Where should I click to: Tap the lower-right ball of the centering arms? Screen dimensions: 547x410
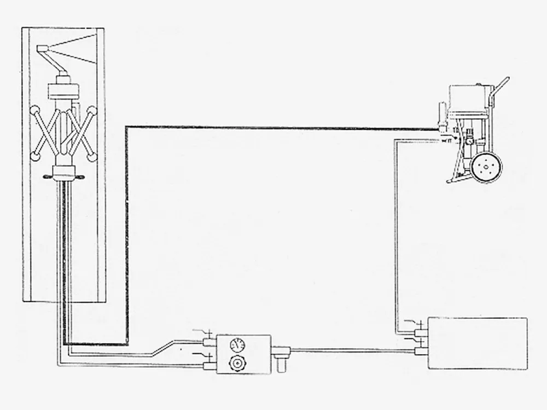click(92, 157)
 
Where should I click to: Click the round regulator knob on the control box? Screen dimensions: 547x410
click(237, 362)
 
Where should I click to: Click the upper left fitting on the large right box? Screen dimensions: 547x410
click(420, 332)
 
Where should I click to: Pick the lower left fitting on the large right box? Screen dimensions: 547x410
click(420, 351)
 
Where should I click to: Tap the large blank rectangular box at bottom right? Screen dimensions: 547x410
click(478, 343)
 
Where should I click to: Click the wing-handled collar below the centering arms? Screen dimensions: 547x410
click(64, 176)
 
